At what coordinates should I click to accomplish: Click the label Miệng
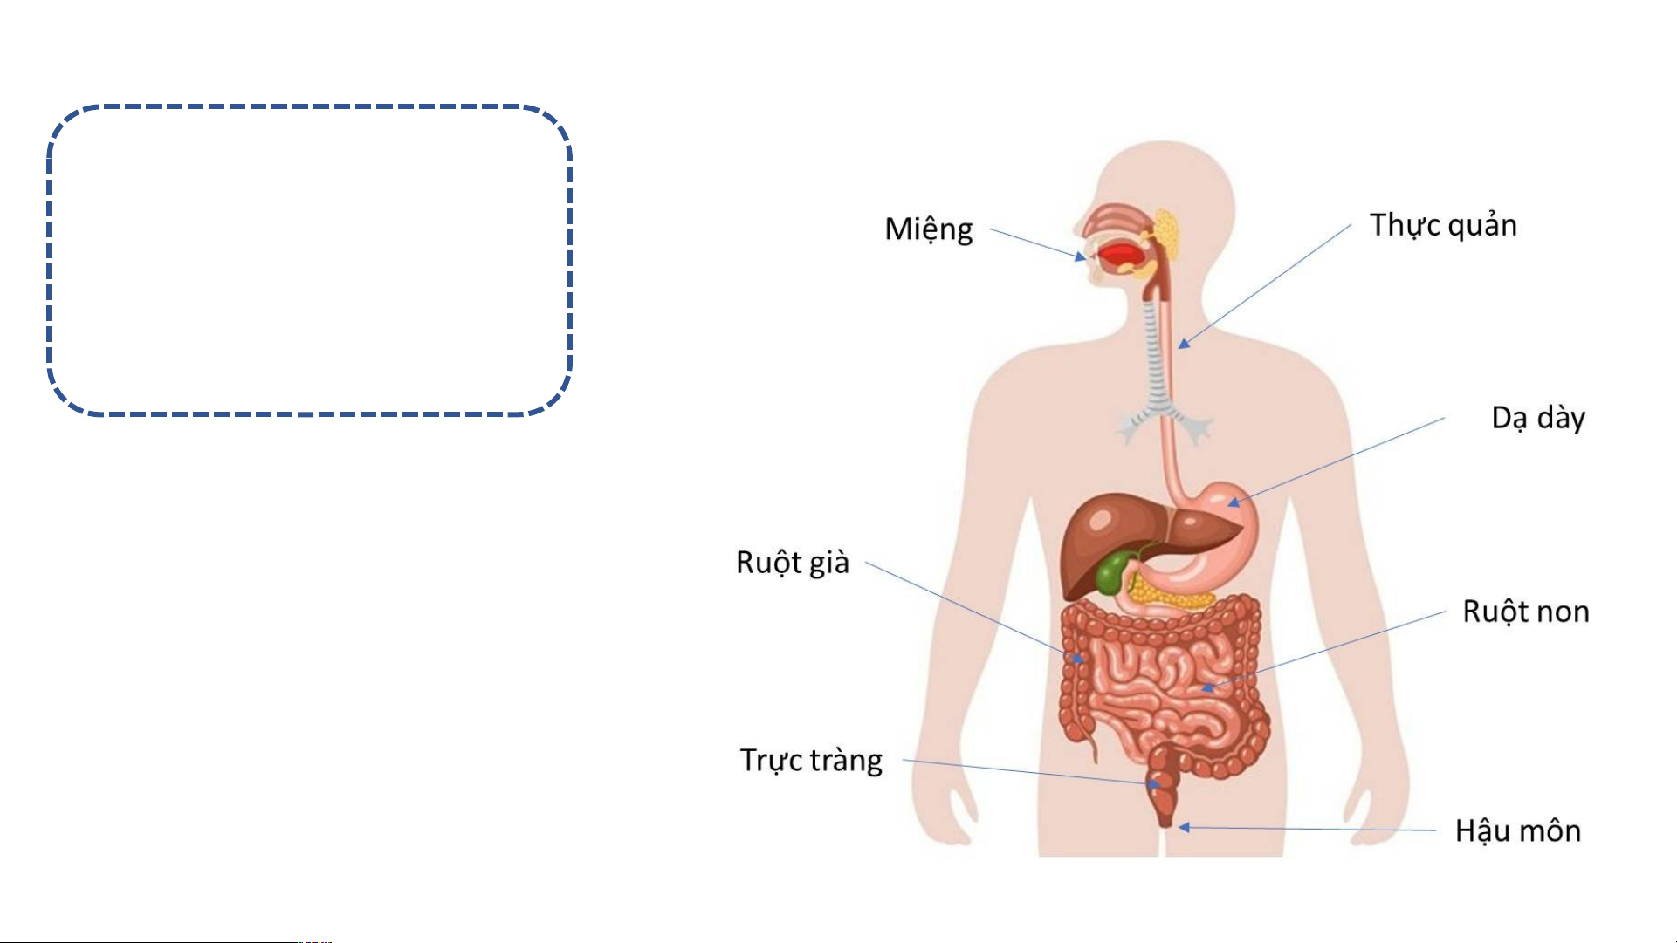[928, 229]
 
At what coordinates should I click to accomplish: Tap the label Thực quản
[1443, 225]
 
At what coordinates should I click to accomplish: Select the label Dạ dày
[1538, 418]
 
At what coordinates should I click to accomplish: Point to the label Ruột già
[793, 563]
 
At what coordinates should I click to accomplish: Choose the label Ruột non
[1526, 612]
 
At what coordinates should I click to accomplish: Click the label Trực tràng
[811, 760]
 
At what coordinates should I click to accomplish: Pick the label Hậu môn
[1518, 830]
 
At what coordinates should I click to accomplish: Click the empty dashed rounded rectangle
[310, 106]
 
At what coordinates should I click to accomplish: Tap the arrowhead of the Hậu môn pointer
[1184, 827]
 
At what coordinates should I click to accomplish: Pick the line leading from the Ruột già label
[975, 612]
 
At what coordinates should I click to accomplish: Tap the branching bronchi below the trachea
[1165, 423]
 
